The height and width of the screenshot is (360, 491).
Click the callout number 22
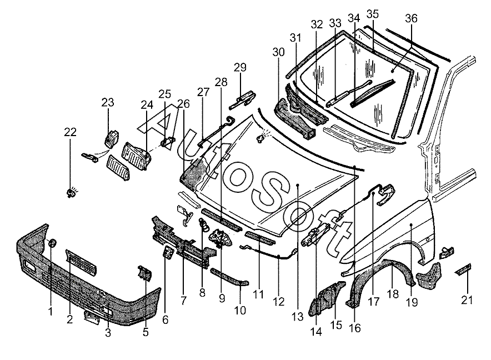pos(70,132)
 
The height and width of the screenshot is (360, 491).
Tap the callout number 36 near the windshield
pos(411,18)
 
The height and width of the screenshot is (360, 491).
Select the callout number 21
pos(467,301)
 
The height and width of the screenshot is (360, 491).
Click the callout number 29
pos(239,68)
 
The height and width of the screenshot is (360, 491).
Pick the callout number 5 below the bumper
pos(146,333)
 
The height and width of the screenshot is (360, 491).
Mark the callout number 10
pos(240,311)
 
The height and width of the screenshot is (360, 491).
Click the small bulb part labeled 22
pos(71,192)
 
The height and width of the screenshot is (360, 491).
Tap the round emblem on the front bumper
pos(52,243)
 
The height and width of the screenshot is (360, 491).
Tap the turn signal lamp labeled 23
pos(112,137)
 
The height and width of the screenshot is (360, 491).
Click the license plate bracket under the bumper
pos(92,317)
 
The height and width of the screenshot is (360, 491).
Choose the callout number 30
pos(278,52)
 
